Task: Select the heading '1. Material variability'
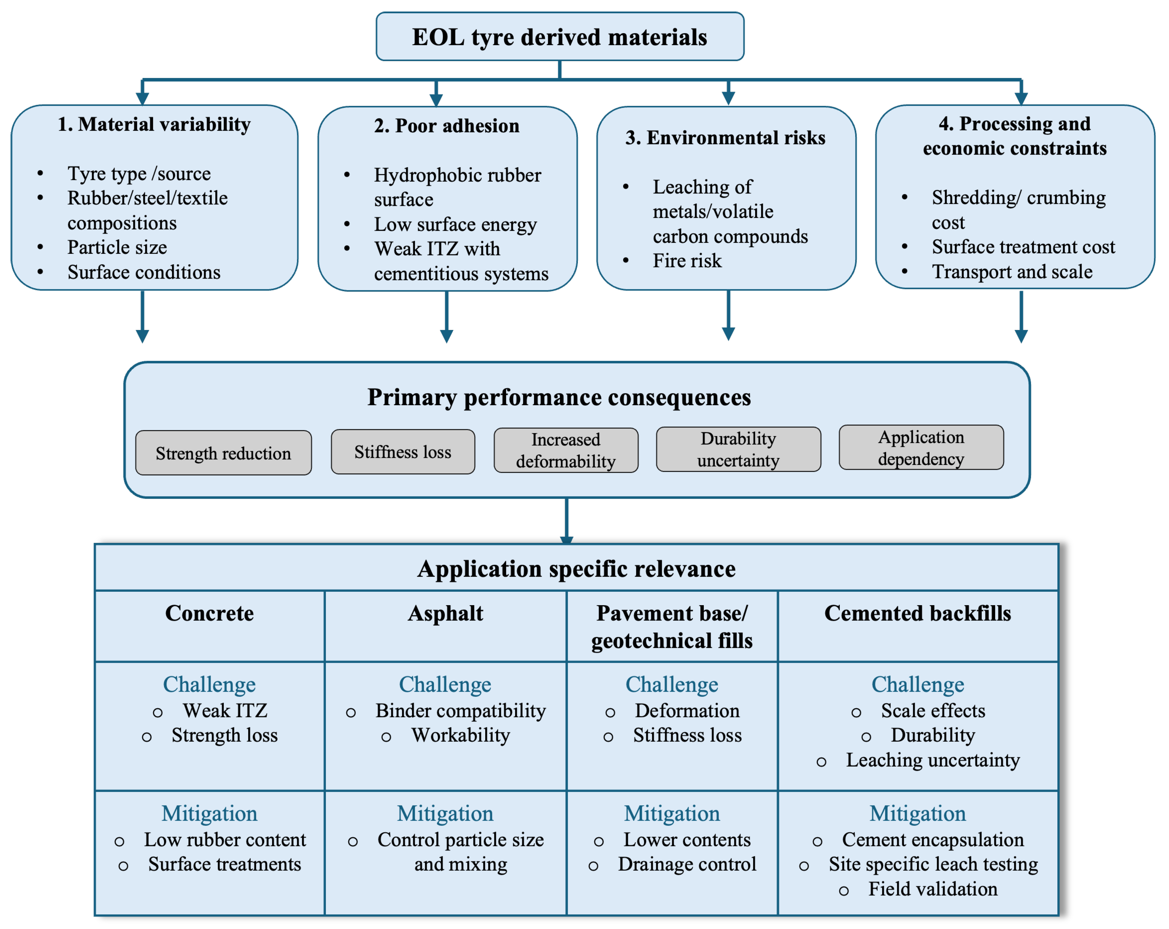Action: point(154,124)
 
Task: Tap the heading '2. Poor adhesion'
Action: point(447,126)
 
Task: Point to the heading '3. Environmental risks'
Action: point(725,138)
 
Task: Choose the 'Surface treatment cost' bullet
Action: point(1023,247)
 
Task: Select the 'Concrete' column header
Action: point(209,613)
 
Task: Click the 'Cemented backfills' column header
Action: point(917,613)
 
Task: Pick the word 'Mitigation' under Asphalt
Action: point(445,813)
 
